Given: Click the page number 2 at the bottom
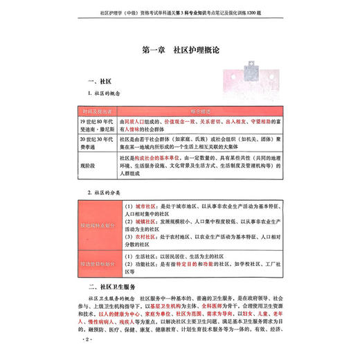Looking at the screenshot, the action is [87, 341].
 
